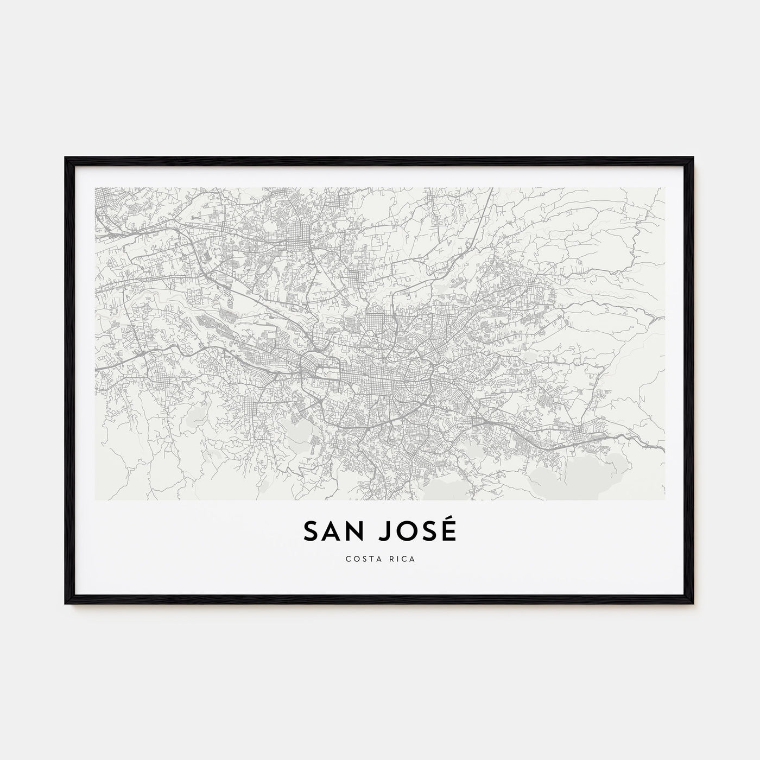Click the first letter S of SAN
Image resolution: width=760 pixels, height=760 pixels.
tap(311, 532)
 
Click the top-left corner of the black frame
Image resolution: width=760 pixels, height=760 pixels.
tap(66, 159)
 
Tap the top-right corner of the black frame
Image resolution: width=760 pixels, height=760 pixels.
tap(693, 159)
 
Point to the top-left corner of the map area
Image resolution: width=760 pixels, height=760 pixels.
tap(95, 188)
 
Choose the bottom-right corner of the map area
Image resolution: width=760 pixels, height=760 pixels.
tap(665, 500)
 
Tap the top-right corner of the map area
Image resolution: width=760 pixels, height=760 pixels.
tap(665, 188)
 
